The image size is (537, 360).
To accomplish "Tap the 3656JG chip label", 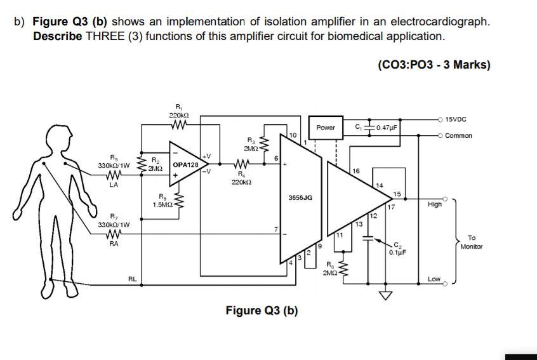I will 300,197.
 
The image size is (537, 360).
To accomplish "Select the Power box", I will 325,128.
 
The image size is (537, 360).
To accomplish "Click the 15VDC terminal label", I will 458,119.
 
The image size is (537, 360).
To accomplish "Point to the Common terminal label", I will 458,136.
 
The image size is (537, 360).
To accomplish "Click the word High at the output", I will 434,204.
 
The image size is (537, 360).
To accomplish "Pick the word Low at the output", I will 434,279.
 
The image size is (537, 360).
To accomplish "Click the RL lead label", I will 132,278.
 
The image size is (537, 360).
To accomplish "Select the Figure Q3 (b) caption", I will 262,310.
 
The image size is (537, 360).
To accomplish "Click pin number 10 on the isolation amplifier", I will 292,136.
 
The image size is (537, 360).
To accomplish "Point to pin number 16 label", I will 355,171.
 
